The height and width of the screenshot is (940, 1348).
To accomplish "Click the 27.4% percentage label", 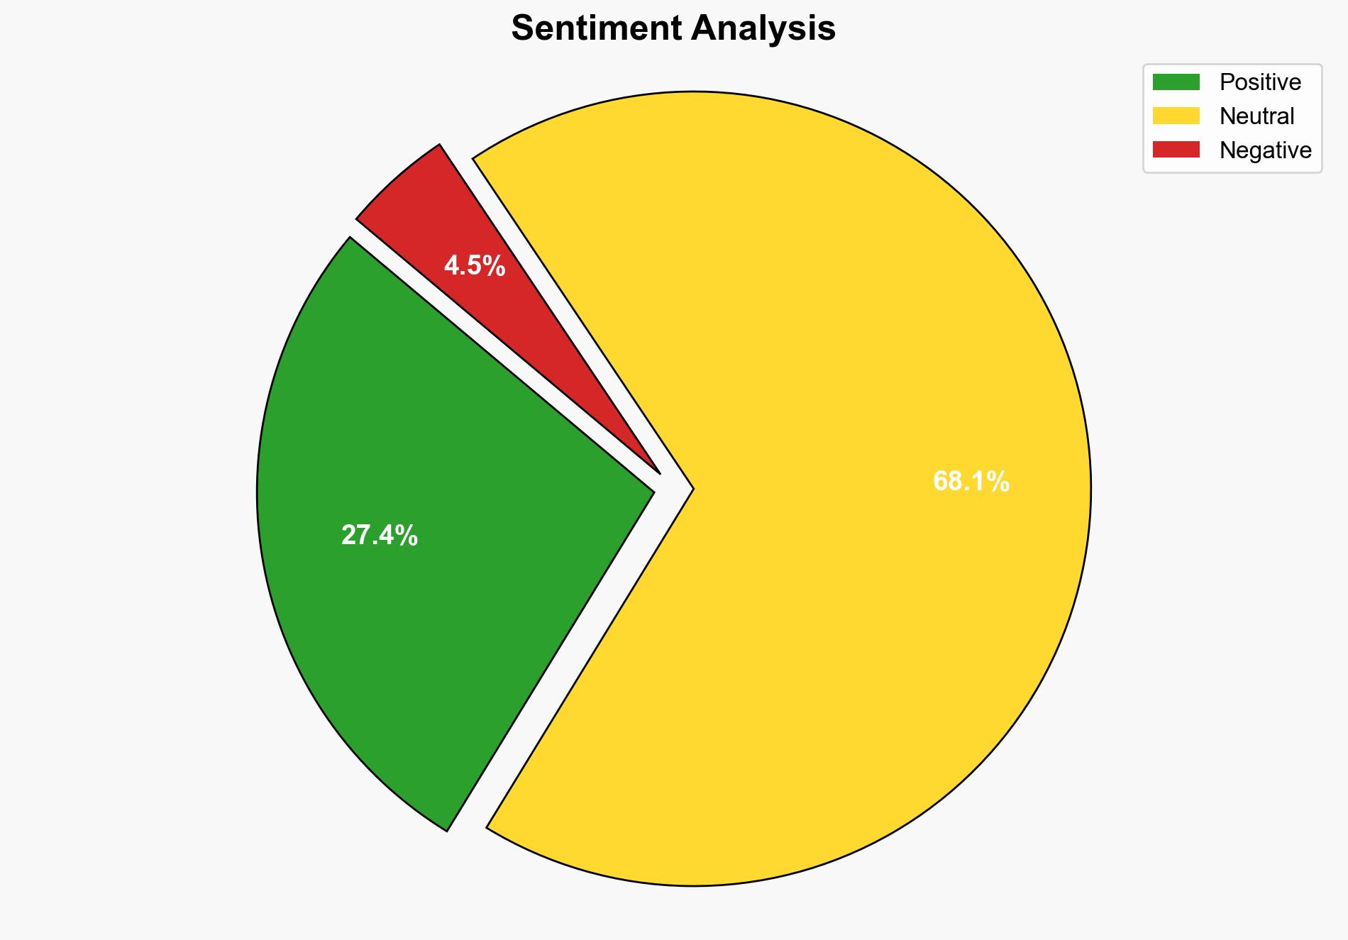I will point(379,536).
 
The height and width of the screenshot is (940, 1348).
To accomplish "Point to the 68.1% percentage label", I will point(971,482).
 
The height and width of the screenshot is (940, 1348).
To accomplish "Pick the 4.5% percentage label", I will point(474,266).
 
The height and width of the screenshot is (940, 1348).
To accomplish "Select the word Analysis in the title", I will point(763,29).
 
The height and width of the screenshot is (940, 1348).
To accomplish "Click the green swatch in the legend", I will point(1176,82).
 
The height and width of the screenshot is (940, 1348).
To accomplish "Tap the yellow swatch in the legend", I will point(1176,116).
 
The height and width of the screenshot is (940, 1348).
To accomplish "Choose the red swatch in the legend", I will point(1176,150).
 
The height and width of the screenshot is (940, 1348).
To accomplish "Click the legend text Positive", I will point(1260,82).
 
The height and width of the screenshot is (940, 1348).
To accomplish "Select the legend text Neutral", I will point(1256,116).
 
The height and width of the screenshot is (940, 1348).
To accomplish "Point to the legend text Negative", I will point(1265,150).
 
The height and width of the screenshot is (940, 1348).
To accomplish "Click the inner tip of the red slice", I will point(658,471).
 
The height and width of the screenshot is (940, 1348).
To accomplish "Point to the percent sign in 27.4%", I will point(409,536).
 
